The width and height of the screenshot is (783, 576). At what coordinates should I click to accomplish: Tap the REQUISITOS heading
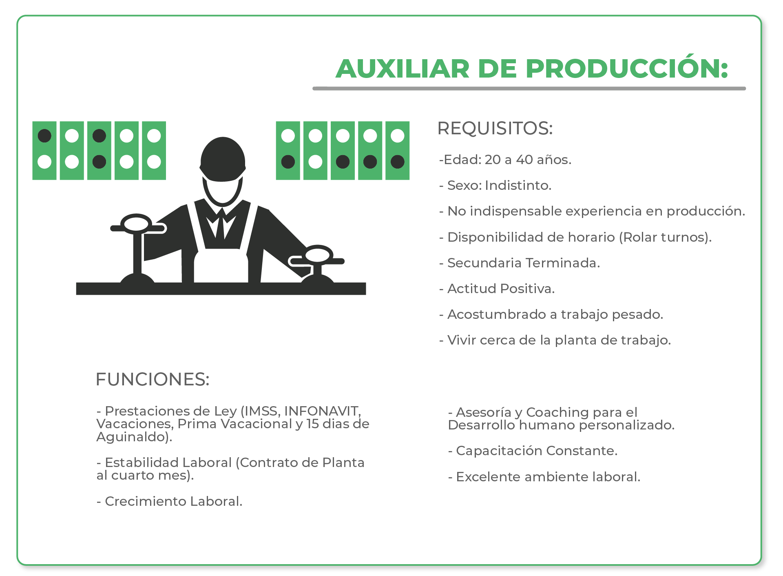495,128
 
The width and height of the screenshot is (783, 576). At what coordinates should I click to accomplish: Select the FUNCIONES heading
153,379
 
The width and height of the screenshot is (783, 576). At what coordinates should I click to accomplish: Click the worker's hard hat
223,159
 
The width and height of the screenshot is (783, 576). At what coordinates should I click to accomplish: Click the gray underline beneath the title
529,88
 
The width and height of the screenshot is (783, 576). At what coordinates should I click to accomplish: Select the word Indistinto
518,185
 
